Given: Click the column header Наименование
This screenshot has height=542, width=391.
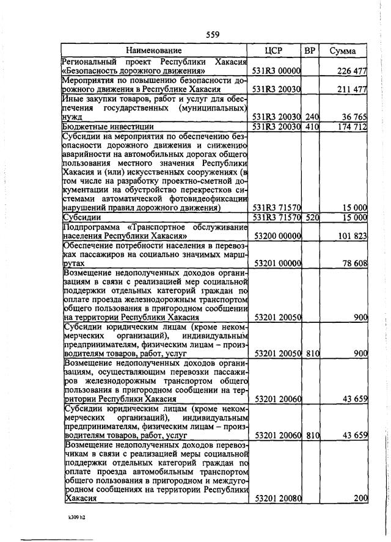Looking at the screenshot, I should [x=154, y=51].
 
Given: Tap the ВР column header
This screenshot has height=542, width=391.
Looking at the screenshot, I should [x=310, y=51].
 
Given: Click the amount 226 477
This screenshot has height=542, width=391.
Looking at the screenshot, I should [x=352, y=71].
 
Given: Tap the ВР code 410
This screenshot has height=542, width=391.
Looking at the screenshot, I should [x=312, y=126].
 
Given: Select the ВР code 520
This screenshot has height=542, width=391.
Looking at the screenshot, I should [x=312, y=217].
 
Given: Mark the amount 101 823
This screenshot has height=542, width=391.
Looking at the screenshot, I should [x=352, y=236].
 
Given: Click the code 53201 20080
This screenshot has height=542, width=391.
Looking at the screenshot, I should [x=277, y=499].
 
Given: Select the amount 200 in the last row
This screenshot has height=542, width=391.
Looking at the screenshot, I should [x=360, y=499].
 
